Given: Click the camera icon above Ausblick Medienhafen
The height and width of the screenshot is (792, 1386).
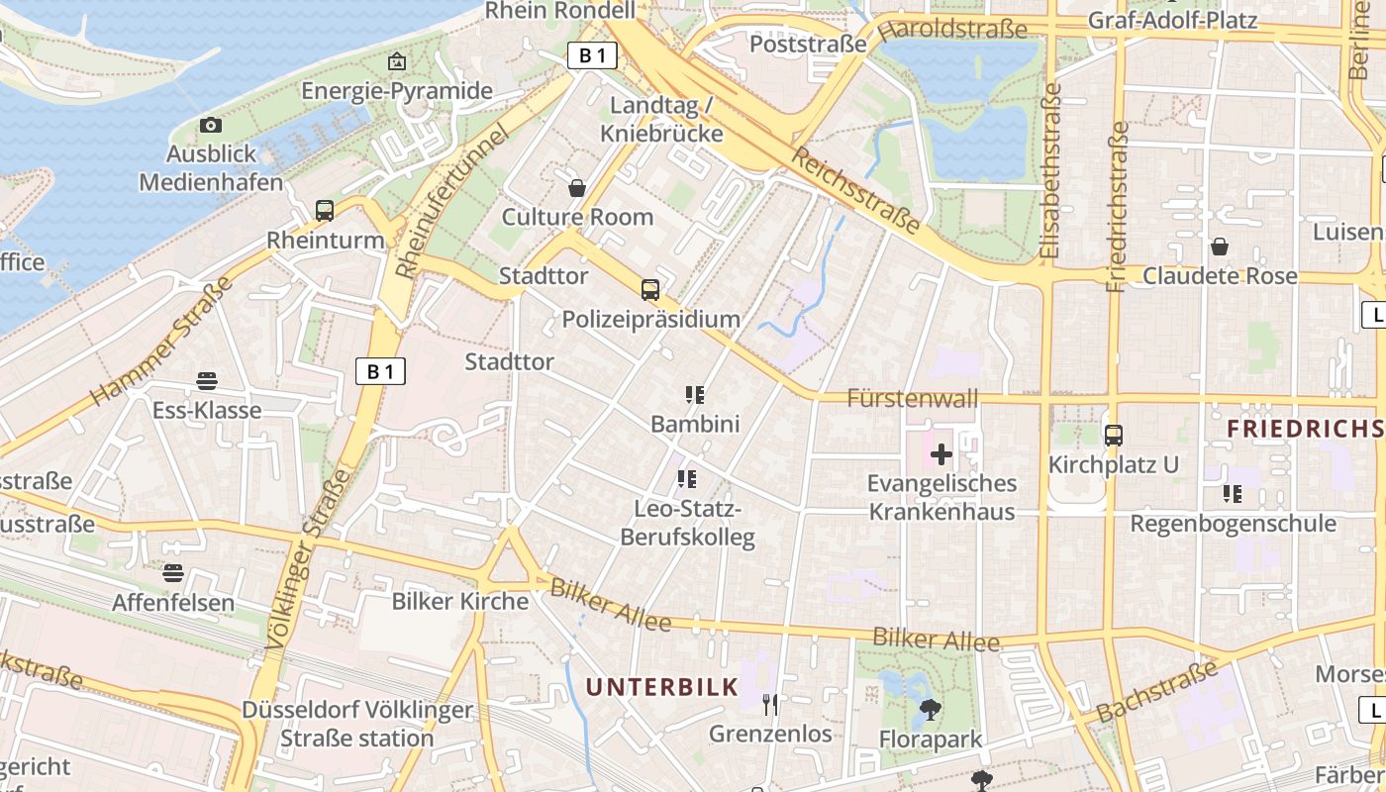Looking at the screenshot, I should [x=210, y=125].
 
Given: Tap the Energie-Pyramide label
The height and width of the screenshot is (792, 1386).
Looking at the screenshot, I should [x=397, y=91].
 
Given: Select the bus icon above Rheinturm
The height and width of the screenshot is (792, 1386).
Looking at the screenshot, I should [x=325, y=210].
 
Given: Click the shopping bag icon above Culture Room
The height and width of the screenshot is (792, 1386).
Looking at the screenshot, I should [x=577, y=187].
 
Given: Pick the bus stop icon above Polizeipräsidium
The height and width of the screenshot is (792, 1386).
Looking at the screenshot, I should [x=650, y=289].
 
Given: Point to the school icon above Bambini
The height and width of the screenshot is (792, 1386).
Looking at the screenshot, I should [x=695, y=395].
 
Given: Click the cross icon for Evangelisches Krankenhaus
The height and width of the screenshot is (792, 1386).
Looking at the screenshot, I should [x=941, y=454].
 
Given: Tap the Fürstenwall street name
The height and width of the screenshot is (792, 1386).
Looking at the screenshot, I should [x=913, y=398].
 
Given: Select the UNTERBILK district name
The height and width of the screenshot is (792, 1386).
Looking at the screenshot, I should [x=661, y=687].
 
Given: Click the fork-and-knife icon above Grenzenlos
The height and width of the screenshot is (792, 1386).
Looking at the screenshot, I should [x=770, y=704].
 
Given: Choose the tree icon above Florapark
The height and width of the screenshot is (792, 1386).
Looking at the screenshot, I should [x=930, y=709].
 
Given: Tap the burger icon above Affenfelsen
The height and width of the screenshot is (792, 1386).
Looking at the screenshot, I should [x=173, y=572].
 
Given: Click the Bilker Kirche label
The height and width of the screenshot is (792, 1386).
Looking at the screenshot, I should [x=460, y=601].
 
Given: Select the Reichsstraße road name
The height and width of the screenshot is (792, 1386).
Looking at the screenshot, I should [x=857, y=190].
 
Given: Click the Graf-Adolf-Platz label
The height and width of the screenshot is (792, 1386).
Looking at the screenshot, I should [x=1172, y=20].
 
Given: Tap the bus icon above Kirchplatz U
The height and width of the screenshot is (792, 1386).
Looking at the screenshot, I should [x=1114, y=435].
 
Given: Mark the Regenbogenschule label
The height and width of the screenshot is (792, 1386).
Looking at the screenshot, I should [x=1233, y=523].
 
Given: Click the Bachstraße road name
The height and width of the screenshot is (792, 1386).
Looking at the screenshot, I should [x=1156, y=692].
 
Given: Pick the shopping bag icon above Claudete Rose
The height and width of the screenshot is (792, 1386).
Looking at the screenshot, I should [x=1220, y=246].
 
